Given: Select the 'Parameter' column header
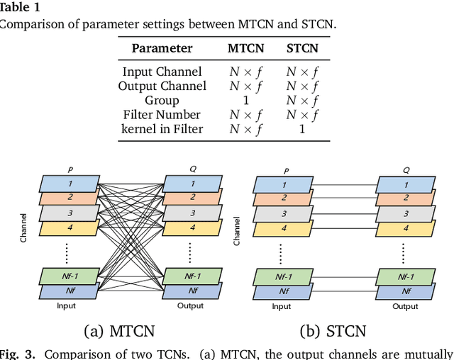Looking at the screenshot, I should coord(162,48).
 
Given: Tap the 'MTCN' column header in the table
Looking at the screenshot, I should coord(246,48).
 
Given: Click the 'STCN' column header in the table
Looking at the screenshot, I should coord(301,48).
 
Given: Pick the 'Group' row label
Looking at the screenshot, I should coord(161,100).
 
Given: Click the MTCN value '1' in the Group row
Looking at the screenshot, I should coord(246,100).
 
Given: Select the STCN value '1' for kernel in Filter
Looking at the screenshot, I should coord(301,128).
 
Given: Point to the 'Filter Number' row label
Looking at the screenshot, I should coord(161,114).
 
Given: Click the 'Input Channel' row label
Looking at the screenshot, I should coord(162,72).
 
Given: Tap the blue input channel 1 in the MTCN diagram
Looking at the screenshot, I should coord(70,184).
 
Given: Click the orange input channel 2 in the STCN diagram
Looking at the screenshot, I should coord(283,198).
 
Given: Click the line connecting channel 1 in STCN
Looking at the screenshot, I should coord(343,184).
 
